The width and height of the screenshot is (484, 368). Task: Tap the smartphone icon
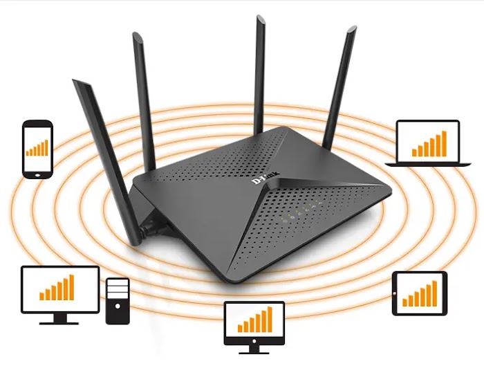click(37, 149)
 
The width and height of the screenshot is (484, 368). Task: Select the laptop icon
click(427, 143)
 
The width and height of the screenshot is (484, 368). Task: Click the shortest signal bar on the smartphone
click(28, 151)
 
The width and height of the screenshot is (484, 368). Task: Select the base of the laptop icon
click(427, 163)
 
